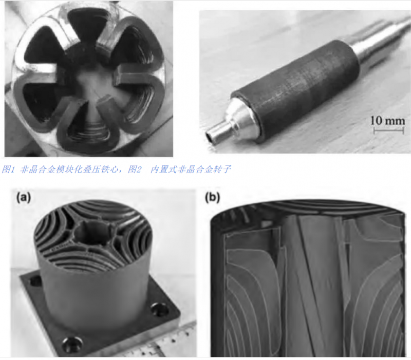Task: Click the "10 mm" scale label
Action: click(387, 121)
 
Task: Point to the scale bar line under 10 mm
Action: click(388, 130)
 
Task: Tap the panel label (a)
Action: click(24, 197)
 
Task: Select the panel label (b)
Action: click(212, 197)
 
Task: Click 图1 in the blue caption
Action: click(9, 169)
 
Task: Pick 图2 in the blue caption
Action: click(135, 169)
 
